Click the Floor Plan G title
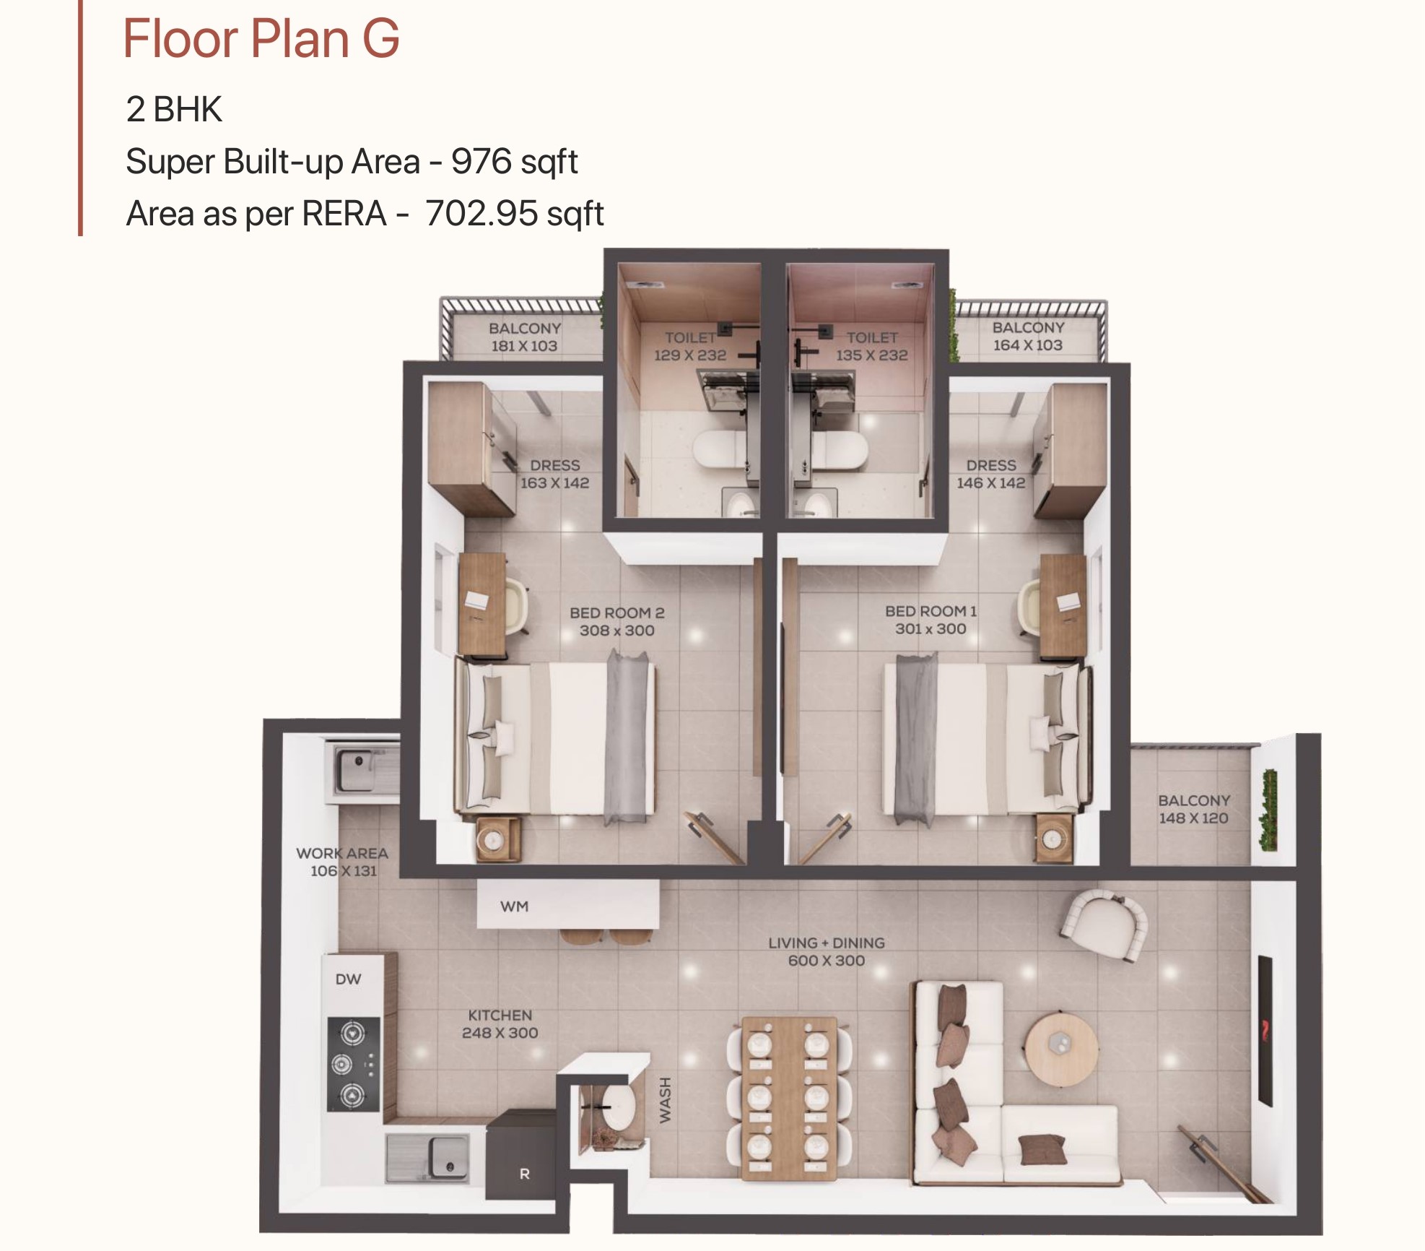[x=261, y=38]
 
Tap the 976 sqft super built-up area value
[x=514, y=162]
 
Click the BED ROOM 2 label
[x=616, y=621]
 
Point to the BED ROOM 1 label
[x=931, y=620]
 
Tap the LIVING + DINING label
[x=826, y=951]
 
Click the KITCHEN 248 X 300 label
[x=500, y=1023]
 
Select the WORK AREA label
[x=342, y=853]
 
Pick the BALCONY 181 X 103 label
[x=525, y=337]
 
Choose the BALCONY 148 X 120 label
[x=1194, y=809]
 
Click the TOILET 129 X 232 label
[x=690, y=346]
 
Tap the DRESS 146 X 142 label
[x=991, y=474]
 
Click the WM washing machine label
[x=514, y=906]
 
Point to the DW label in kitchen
[x=348, y=979]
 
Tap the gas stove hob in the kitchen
[x=354, y=1064]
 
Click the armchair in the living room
[x=1104, y=925]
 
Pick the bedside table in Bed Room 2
[x=498, y=839]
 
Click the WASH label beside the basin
[x=665, y=1099]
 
